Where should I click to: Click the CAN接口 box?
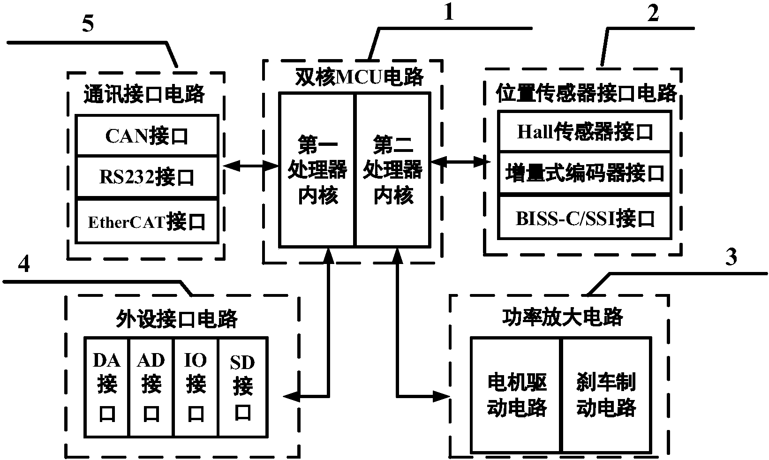pyautogui.click(x=147, y=136)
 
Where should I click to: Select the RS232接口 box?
pyautogui.click(x=147, y=177)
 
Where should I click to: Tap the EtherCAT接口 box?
pyautogui.click(x=147, y=221)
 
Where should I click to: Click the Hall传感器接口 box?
pyautogui.click(x=585, y=132)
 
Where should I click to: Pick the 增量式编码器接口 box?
pyautogui.click(x=585, y=173)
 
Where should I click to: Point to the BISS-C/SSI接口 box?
pyautogui.click(x=585, y=218)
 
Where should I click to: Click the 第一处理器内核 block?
pyautogui.click(x=317, y=170)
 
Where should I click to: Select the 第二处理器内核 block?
pyautogui.click(x=393, y=170)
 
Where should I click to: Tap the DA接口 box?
pyautogui.click(x=106, y=387)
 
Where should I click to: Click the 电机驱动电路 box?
pyautogui.click(x=516, y=395)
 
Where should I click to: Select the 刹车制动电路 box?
pyautogui.click(x=606, y=395)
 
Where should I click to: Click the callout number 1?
pyautogui.click(x=449, y=13)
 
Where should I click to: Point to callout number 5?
pyautogui.click(x=88, y=24)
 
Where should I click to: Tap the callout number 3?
pyautogui.click(x=731, y=257)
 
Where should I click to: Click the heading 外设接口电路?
pyautogui.click(x=177, y=319)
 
